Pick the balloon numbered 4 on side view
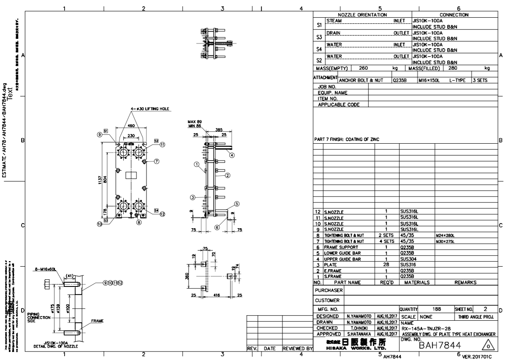pos(231,155)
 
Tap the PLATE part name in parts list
pos(331,265)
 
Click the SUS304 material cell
pos(408,258)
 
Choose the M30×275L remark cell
pos(448,241)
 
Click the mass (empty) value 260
pos(364,68)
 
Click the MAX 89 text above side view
pos(195,122)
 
